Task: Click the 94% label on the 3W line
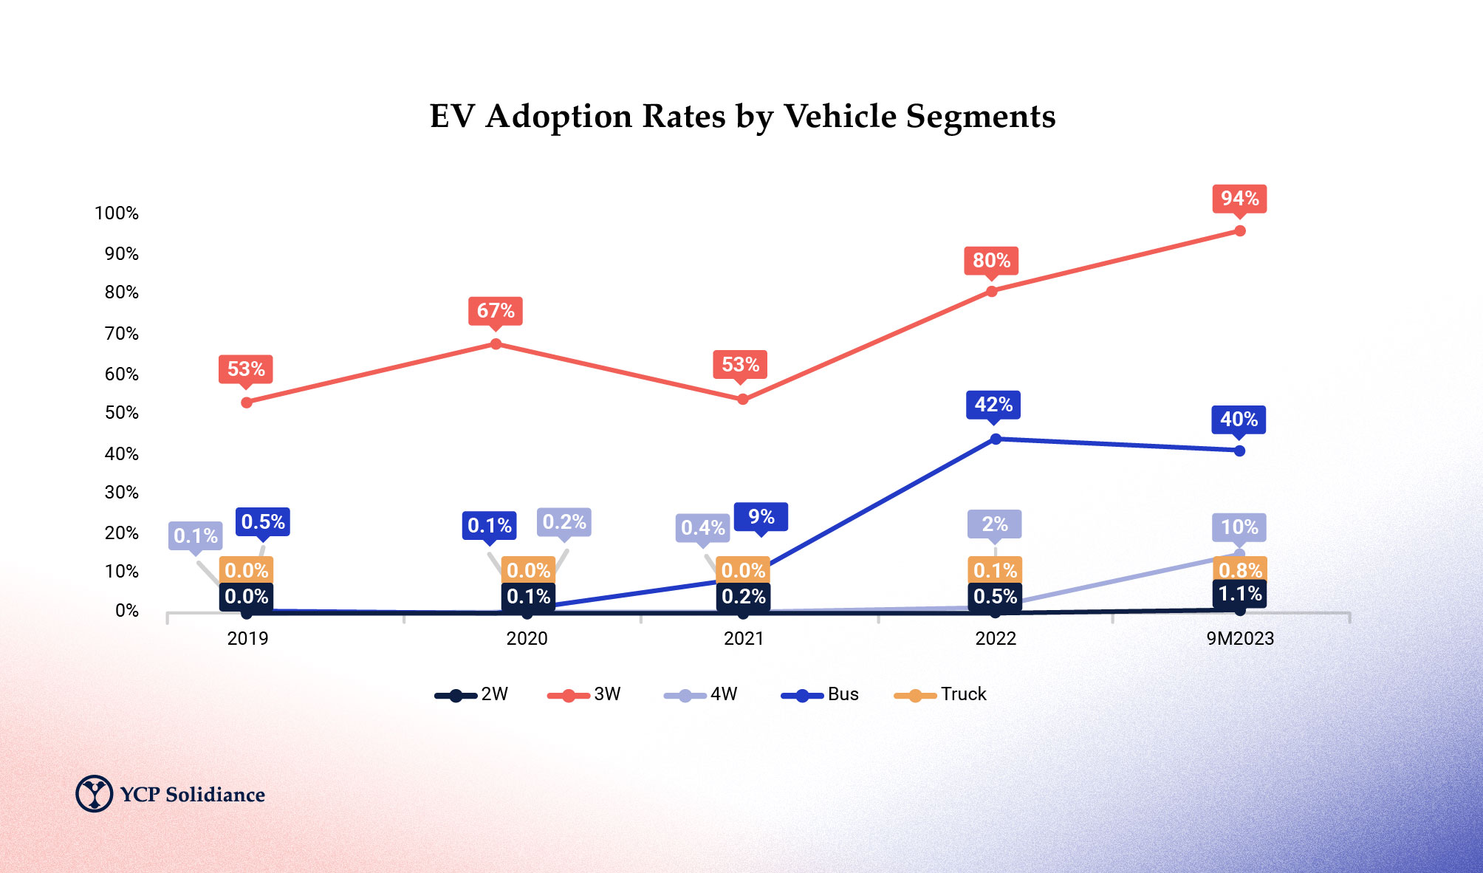pyautogui.click(x=1239, y=199)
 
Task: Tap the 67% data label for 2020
pyautogui.click(x=496, y=311)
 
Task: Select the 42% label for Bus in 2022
pyautogui.click(x=993, y=405)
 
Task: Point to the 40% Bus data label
pyautogui.click(x=1239, y=420)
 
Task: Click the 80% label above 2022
pyautogui.click(x=991, y=261)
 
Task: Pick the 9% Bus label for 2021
pyautogui.click(x=761, y=516)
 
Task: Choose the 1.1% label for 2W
pyautogui.click(x=1239, y=594)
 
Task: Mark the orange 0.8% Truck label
pyautogui.click(x=1240, y=569)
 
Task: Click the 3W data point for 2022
pyautogui.click(x=992, y=291)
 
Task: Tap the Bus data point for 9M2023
pyautogui.click(x=1239, y=451)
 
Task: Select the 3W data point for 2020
pyautogui.click(x=496, y=344)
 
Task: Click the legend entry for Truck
pyautogui.click(x=941, y=694)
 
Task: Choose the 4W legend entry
pyautogui.click(x=701, y=694)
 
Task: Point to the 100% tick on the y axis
pyautogui.click(x=117, y=213)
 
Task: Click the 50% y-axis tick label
pyautogui.click(x=121, y=413)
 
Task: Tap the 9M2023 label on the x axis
pyautogui.click(x=1240, y=639)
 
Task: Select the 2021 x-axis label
pyautogui.click(x=743, y=639)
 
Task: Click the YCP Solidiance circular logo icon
pyautogui.click(x=95, y=794)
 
